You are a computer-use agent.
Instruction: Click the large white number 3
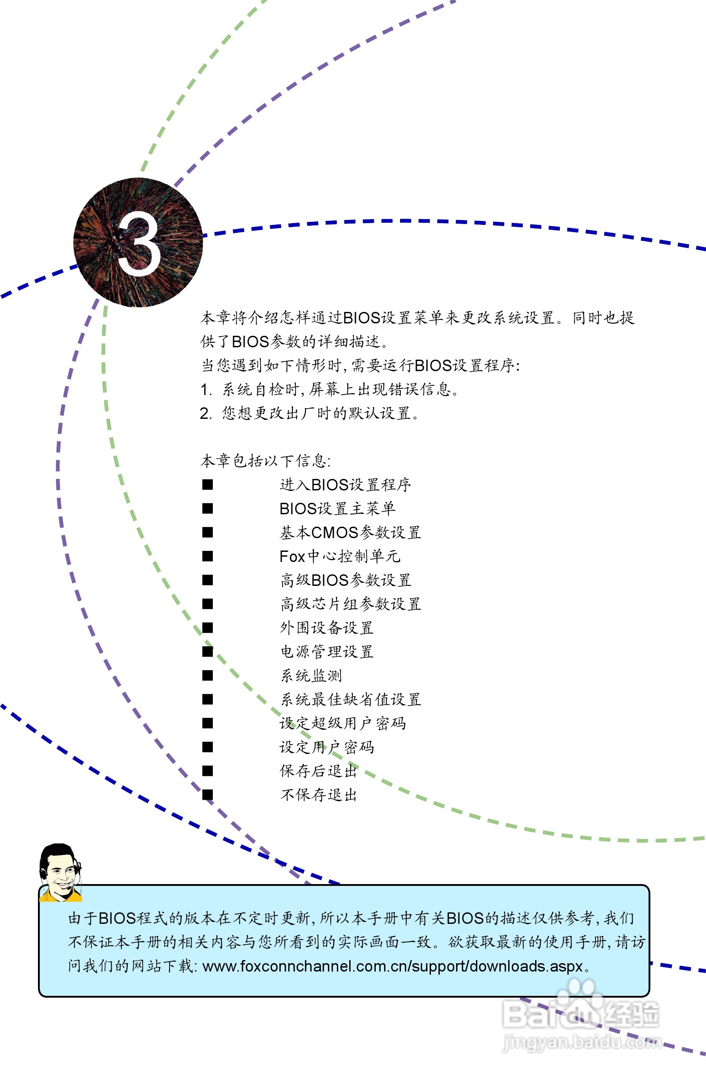[x=139, y=243]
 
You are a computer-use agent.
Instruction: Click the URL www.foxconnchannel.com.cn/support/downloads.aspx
[x=393, y=966]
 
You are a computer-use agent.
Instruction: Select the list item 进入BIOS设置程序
[x=345, y=485]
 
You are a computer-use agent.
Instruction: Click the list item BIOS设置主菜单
[x=337, y=509]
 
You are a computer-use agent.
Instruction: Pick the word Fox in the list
[x=292, y=556]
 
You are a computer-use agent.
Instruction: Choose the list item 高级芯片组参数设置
[x=350, y=604]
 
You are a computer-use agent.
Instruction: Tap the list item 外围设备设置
[x=327, y=628]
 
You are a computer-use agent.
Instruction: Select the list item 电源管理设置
[x=327, y=652]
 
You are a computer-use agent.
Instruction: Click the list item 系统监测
[x=311, y=676]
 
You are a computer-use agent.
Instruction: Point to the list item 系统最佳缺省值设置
[x=350, y=700]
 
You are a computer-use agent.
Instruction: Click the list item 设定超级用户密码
[x=343, y=723]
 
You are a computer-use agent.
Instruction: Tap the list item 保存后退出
[x=318, y=771]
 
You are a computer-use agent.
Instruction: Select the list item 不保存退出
[x=318, y=795]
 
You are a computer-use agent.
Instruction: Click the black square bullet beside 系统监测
[x=208, y=676]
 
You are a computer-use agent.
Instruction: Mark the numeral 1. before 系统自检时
[x=206, y=390]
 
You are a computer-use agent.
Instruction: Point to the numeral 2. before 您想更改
[x=205, y=413]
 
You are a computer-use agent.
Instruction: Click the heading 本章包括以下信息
[x=265, y=461]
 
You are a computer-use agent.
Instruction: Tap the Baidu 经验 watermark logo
[x=581, y=1014]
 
